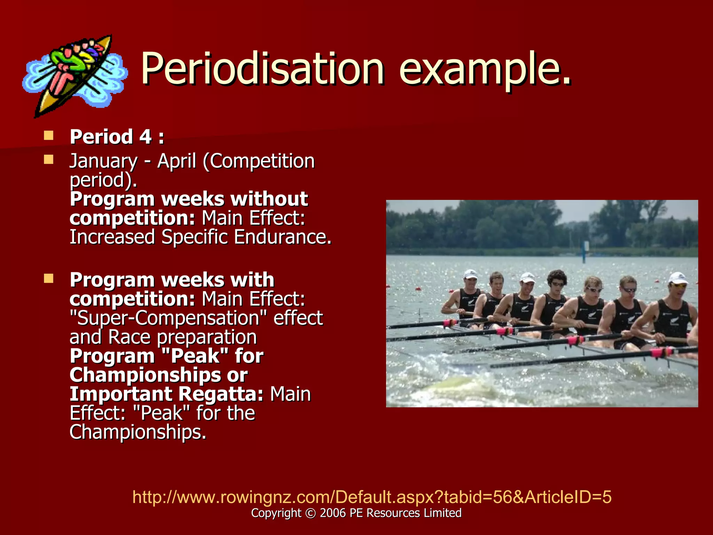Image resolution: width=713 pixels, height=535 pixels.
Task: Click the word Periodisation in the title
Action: (x=263, y=68)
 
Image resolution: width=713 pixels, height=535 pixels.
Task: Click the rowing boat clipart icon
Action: (x=75, y=75)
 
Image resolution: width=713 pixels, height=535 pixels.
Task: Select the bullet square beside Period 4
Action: (x=49, y=135)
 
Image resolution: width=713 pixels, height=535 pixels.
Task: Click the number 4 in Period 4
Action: (x=146, y=137)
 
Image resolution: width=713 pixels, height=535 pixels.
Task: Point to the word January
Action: (x=103, y=162)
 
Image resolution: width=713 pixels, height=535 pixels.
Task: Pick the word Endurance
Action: (x=282, y=237)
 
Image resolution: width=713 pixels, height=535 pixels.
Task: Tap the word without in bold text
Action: (x=269, y=199)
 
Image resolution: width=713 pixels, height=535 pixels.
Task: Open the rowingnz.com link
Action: (x=372, y=497)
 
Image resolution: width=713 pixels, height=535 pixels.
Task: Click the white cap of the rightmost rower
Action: (x=678, y=278)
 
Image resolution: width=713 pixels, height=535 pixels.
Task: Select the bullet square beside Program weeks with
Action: (x=49, y=278)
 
